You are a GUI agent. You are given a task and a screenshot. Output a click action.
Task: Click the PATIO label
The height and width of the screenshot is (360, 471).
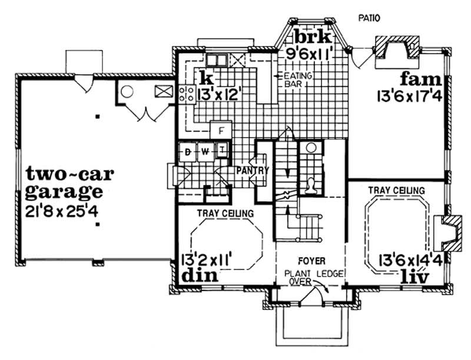point(369,18)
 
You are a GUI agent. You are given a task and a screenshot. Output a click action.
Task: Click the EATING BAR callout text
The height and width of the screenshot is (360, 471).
point(297,80)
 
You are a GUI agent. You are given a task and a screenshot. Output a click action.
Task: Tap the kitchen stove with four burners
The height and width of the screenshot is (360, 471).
point(187,94)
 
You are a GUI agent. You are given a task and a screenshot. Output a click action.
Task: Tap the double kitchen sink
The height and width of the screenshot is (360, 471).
point(216,59)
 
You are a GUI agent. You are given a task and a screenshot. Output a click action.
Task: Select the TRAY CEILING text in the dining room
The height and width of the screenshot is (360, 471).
point(225,212)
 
